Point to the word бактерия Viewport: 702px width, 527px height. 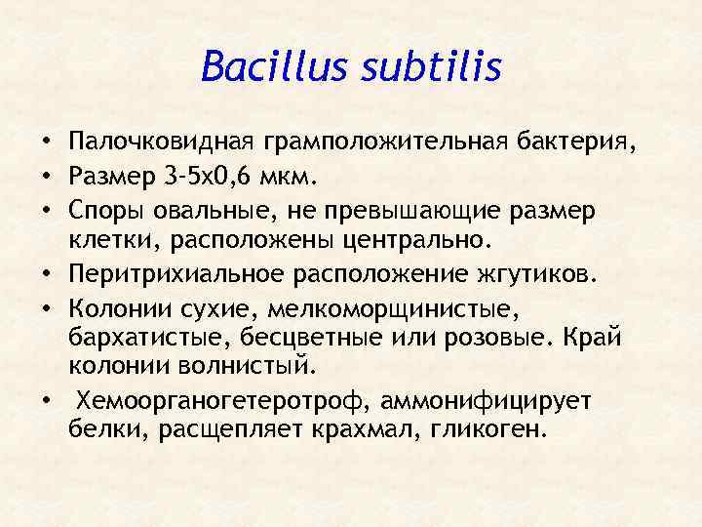(576, 146)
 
